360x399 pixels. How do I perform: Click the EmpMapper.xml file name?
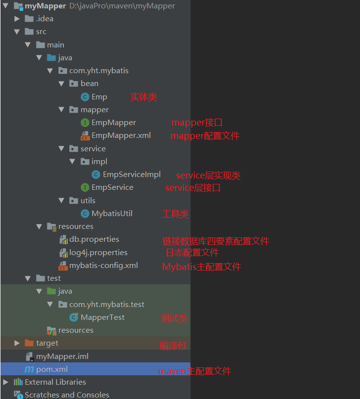point(121,135)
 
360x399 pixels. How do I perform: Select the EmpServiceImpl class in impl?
point(132,175)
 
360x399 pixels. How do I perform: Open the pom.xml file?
point(51,369)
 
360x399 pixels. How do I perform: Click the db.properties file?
point(94,239)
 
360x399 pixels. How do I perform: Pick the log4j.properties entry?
point(98,253)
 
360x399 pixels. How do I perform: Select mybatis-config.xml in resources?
point(103,266)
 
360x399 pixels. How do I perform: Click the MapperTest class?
point(102,317)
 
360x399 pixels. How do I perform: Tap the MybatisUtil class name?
point(112,214)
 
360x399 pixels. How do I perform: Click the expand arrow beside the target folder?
point(17,343)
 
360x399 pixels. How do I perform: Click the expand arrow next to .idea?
point(17,19)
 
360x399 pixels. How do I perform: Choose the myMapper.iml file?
point(62,356)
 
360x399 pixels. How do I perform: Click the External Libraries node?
point(55,382)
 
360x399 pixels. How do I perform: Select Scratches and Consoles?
point(67,395)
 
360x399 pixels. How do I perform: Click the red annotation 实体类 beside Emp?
point(143,97)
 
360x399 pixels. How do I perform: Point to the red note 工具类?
point(175,214)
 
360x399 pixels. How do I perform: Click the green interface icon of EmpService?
point(85,187)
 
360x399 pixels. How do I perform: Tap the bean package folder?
point(89,84)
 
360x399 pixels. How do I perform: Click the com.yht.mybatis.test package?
point(106,305)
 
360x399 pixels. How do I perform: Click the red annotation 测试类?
point(174,318)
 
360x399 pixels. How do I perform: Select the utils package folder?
point(88,201)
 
